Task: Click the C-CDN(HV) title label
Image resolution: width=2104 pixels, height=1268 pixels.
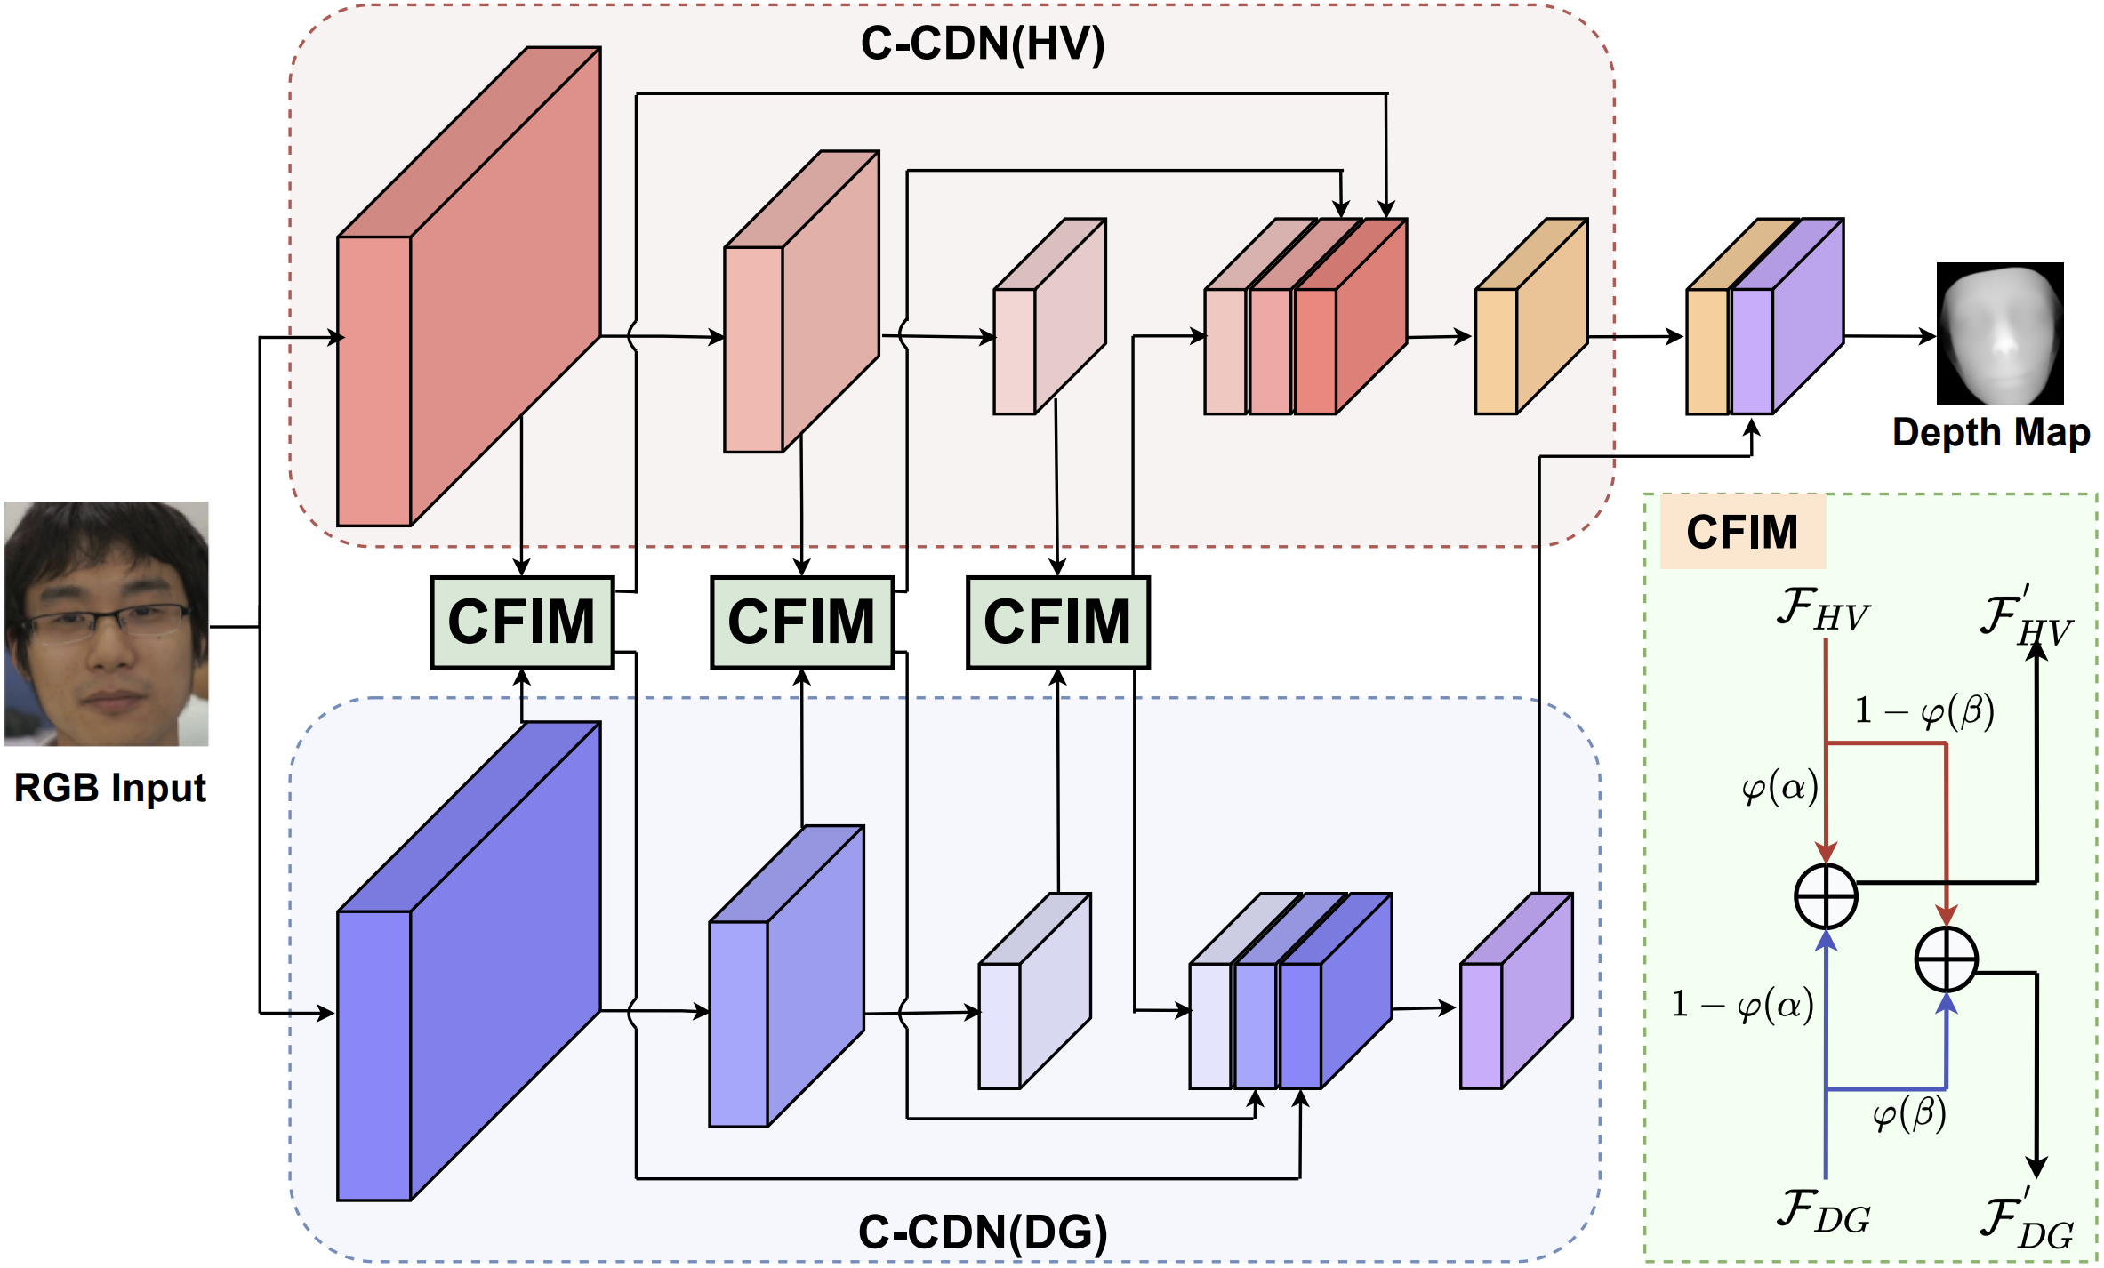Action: coord(982,43)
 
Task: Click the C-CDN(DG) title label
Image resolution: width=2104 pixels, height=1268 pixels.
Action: coord(983,1232)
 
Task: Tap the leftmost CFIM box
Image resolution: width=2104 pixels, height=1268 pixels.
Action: coord(522,622)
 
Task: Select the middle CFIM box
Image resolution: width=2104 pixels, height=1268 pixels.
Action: coord(801,622)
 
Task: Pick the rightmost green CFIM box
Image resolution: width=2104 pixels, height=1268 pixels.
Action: coord(1057,622)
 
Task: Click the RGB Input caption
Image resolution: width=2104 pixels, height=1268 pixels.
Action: coord(109,788)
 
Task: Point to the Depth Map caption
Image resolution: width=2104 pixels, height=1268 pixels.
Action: coord(1990,433)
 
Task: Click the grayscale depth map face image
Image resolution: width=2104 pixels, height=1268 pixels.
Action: coord(1999,333)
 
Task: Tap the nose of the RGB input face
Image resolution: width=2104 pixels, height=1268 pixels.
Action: coord(111,654)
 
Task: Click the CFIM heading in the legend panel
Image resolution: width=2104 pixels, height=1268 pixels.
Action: coord(1741,532)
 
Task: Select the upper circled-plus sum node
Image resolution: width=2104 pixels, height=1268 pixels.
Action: coord(1826,895)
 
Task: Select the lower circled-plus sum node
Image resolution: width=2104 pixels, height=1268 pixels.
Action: coord(1946,959)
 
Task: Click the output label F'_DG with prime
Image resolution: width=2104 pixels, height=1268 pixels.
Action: coord(2025,1221)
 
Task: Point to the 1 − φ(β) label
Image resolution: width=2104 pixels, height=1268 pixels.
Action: coord(1923,710)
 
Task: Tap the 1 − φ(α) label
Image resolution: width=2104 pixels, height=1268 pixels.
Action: coord(1742,1005)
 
